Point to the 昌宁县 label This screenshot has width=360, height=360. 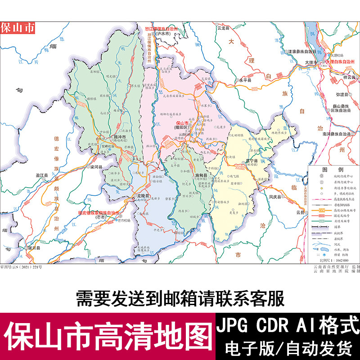252,161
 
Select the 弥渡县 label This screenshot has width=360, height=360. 342,95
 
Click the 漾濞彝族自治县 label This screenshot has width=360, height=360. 304,51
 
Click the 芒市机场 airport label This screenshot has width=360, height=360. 126,220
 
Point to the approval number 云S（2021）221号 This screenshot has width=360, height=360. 21,267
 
